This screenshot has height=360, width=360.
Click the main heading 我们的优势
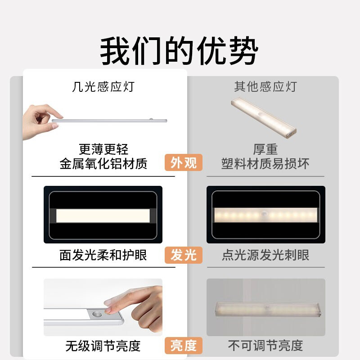point(179,50)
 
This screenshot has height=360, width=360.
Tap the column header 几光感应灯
point(103,86)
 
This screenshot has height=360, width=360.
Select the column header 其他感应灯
point(265,86)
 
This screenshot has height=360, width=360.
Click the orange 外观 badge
point(184,162)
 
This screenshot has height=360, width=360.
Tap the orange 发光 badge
point(184,255)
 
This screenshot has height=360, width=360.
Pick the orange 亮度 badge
point(184,346)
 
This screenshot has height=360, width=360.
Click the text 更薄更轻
point(103,149)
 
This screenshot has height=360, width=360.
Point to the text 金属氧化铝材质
point(103,164)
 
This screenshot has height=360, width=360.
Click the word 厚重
point(265,149)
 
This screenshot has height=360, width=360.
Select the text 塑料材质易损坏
point(265,164)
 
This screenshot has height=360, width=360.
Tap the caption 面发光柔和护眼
point(103,255)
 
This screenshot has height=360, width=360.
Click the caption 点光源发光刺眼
point(265,255)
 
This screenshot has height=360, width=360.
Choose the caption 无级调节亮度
point(103,346)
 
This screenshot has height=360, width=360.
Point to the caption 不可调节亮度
point(265,346)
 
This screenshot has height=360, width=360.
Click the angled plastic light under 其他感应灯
point(264,117)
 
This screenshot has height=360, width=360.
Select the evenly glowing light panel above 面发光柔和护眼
point(103,216)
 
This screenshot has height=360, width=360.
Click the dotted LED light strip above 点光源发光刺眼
point(265,215)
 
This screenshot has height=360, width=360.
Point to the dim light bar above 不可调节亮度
point(268,310)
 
